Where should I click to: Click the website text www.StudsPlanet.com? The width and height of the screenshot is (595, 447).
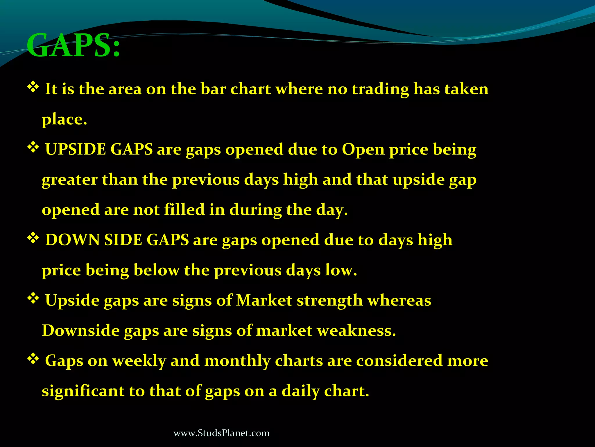point(221,433)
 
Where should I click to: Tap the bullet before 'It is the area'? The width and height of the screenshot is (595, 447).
point(33,87)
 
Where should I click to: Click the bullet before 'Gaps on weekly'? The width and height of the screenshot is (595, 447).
point(33,359)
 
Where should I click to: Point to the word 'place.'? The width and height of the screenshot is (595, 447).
point(64,119)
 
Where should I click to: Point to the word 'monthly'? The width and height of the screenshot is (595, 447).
point(237,361)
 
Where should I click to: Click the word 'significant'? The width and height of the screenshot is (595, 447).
point(83,391)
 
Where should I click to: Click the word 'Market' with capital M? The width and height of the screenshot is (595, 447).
point(264,301)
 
